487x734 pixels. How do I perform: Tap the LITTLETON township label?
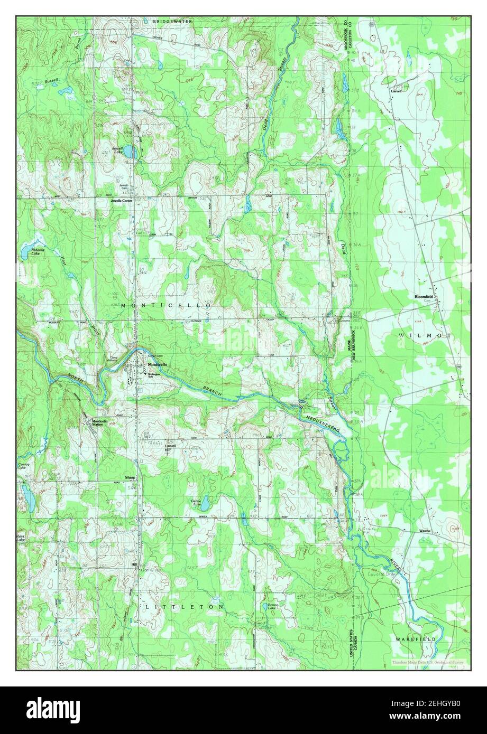(x=184, y=607)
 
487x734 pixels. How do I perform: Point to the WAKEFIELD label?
(x=416, y=639)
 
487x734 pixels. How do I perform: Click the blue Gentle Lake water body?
(x=204, y=500)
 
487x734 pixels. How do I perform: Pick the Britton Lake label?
(x=272, y=606)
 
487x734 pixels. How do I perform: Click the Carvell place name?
(x=396, y=91)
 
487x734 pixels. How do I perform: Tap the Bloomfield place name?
(x=424, y=297)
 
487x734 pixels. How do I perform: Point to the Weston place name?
(x=425, y=530)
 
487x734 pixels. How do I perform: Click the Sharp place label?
(x=130, y=477)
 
